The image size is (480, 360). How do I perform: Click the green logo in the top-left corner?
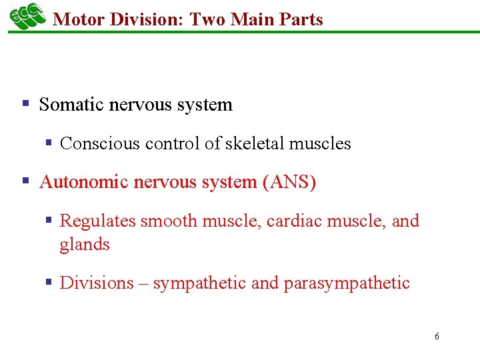click(x=27, y=17)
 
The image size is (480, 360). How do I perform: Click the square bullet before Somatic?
click(x=26, y=104)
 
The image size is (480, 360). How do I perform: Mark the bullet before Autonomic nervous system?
click(x=26, y=181)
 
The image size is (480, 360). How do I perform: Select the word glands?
click(x=85, y=245)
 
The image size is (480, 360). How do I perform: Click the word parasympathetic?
click(x=347, y=283)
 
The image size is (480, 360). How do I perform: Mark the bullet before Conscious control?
click(x=49, y=143)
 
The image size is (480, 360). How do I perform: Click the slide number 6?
click(x=437, y=337)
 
